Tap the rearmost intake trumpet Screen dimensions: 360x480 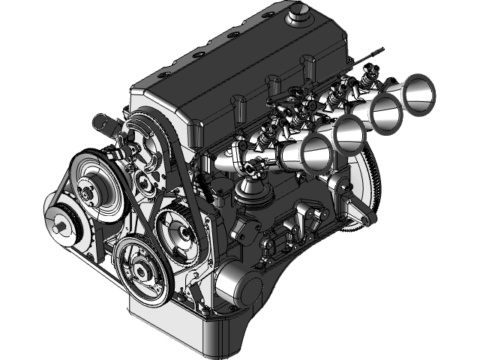click(418, 91)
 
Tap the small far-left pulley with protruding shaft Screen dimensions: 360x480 click(61, 223)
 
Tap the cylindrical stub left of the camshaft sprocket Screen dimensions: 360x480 click(103, 124)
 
